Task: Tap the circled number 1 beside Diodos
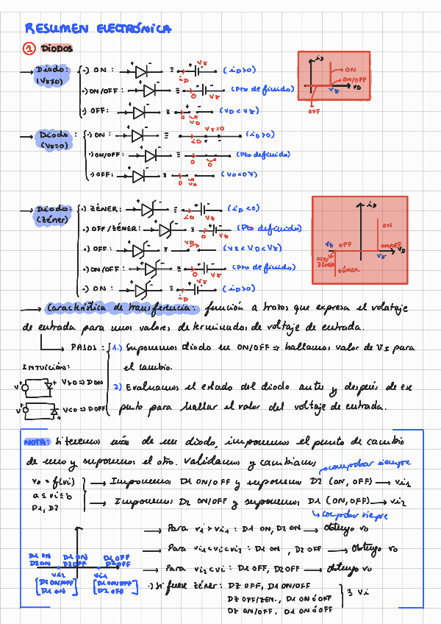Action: (x=29, y=49)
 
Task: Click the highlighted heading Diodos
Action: (x=57, y=49)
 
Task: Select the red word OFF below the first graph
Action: (x=314, y=112)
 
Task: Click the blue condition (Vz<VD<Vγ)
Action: (x=251, y=249)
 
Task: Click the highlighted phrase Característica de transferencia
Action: (x=121, y=308)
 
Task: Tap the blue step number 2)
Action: (x=117, y=385)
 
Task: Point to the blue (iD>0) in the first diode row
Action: (x=240, y=71)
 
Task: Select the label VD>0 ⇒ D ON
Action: (x=82, y=383)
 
